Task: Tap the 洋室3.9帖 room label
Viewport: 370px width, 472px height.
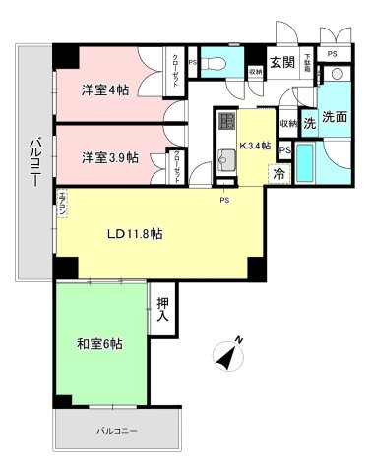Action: (109, 156)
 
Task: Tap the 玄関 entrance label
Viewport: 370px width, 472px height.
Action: (281, 62)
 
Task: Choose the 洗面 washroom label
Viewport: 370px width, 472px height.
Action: (335, 118)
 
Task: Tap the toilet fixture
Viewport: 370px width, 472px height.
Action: (217, 63)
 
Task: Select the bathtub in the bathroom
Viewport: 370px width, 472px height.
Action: (306, 166)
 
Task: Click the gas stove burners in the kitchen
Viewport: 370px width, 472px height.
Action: (225, 124)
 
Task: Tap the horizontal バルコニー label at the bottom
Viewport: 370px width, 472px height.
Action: (117, 431)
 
